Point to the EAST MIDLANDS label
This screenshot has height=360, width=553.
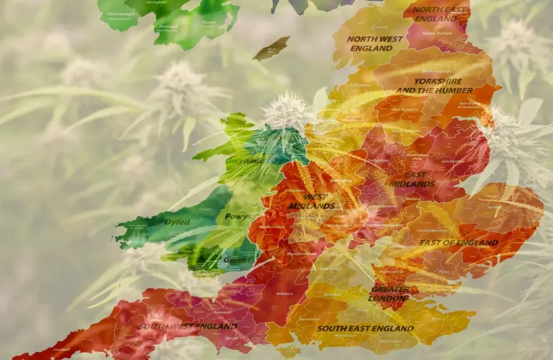click(x=412, y=179)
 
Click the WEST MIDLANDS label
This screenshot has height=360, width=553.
click(x=311, y=201)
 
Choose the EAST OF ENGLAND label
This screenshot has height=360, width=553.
click(x=458, y=243)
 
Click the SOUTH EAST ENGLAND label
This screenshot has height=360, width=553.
click(x=365, y=329)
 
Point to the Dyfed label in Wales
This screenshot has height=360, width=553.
click(x=177, y=222)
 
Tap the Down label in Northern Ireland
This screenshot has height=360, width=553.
click(x=209, y=23)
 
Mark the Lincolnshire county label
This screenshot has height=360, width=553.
click(x=453, y=162)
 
